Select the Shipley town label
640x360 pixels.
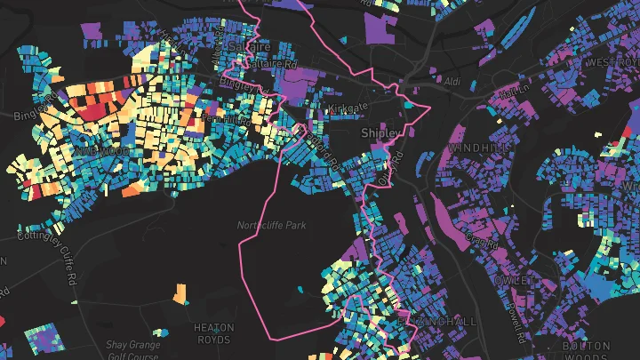tap(382, 132)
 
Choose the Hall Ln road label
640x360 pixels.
tap(509, 91)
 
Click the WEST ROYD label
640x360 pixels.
tap(614, 62)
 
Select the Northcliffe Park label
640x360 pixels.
tap(271, 226)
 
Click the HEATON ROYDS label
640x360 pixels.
tap(213, 333)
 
